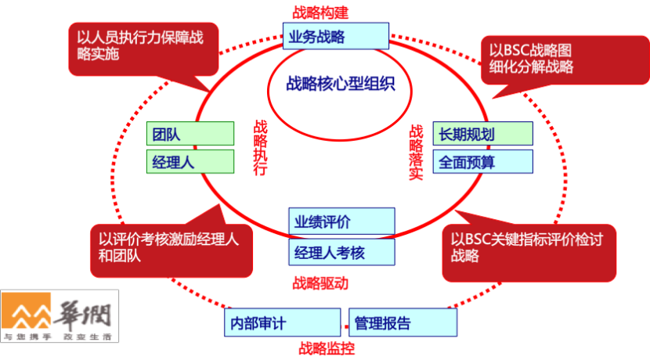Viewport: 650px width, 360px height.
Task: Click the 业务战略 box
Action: (336, 35)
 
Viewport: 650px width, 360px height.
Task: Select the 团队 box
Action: (190, 134)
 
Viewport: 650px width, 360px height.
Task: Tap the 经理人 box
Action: (190, 161)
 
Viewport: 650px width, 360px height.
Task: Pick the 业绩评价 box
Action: (341, 221)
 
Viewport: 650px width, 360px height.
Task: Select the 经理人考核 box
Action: (341, 252)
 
